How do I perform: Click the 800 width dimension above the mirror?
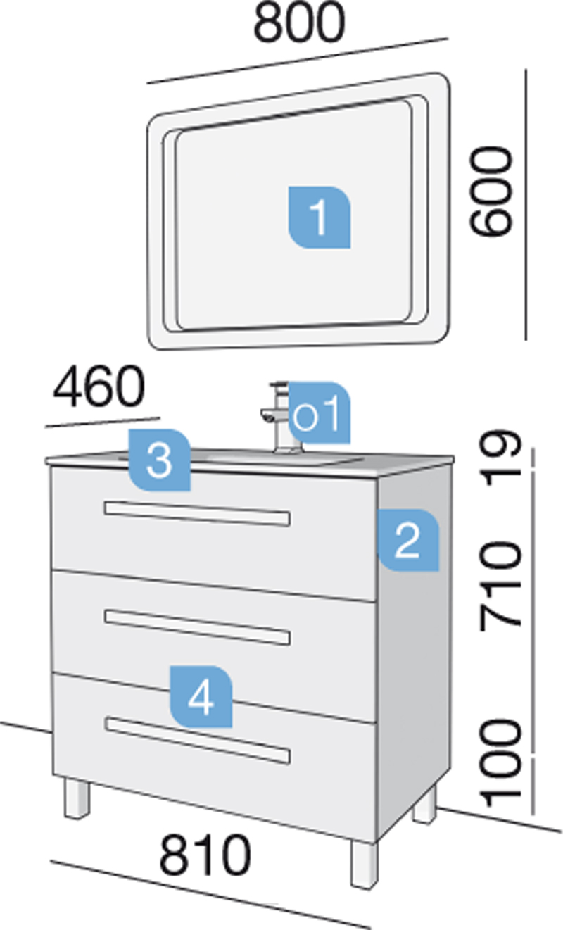[298, 23]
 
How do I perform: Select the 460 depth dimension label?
[99, 387]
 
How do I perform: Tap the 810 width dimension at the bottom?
[205, 855]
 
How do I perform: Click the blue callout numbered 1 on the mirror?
[320, 218]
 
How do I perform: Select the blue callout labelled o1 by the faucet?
[319, 413]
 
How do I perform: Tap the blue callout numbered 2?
[408, 540]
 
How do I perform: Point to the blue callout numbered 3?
[160, 460]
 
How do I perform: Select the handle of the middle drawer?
[197, 627]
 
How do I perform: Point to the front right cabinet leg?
[365, 864]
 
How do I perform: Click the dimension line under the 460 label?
[103, 422]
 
